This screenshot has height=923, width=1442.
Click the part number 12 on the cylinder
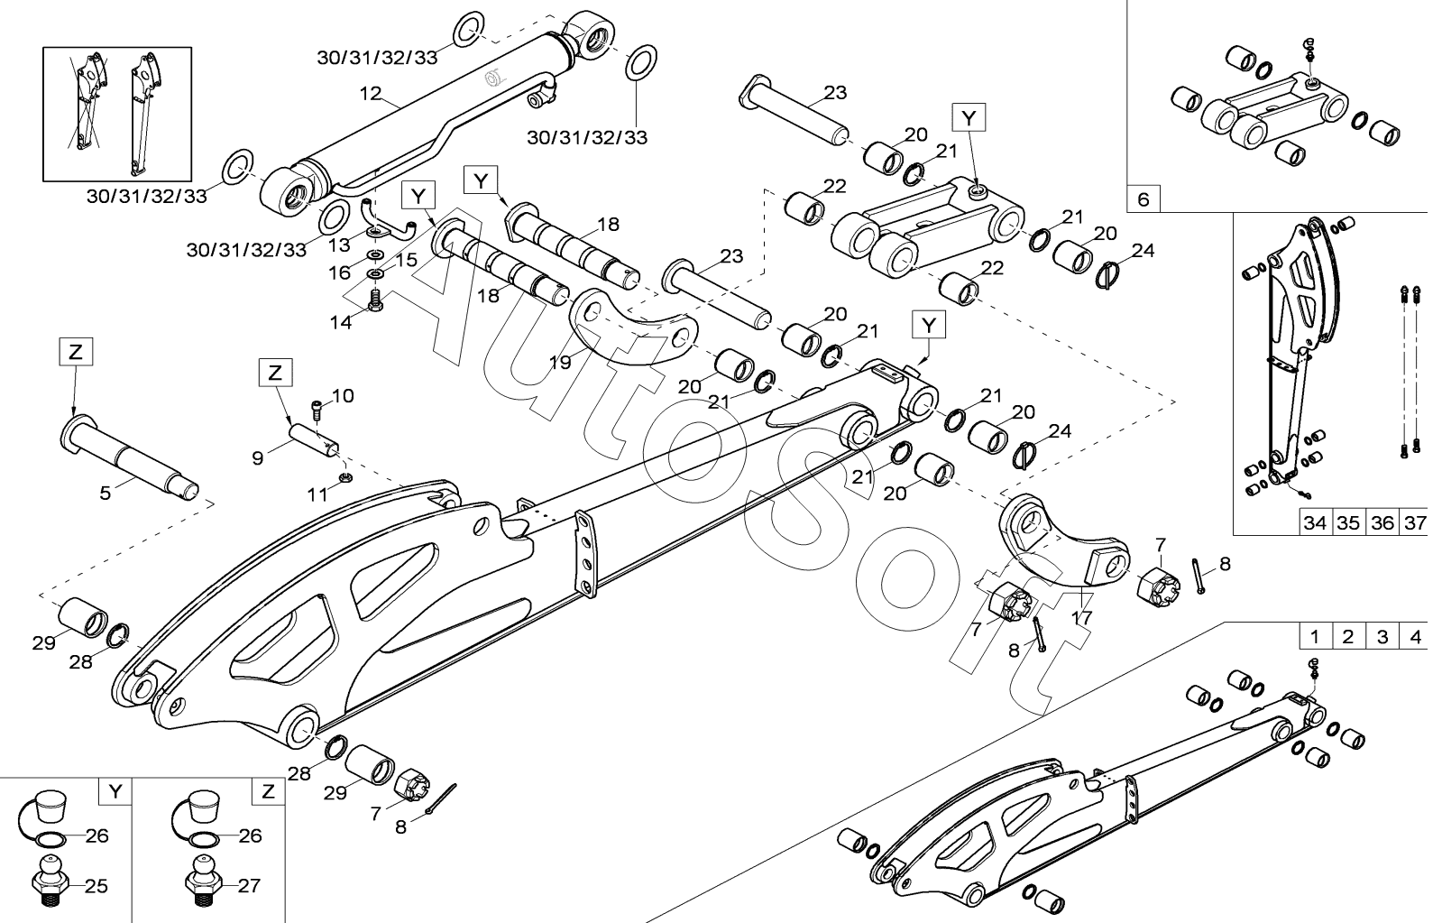tap(371, 94)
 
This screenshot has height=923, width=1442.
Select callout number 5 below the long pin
tap(105, 494)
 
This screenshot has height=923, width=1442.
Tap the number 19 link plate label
tap(560, 363)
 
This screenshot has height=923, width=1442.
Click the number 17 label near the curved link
tap(1081, 618)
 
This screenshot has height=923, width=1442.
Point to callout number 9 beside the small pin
tap(258, 458)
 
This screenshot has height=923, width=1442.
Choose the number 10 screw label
tap(343, 395)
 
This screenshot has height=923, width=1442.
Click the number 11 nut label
tap(317, 494)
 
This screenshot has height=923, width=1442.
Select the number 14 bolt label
tap(341, 322)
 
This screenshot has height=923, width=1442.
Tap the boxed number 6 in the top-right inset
tap(1143, 199)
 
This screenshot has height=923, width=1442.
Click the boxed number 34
tap(1315, 522)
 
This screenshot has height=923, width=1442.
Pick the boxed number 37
tap(1415, 522)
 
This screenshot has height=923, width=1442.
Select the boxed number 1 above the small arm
tap(1315, 637)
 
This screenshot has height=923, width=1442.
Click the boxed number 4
tap(1415, 637)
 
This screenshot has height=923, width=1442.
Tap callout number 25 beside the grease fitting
tap(96, 886)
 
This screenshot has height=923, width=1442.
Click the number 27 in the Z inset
tap(249, 886)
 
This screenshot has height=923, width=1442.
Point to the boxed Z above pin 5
tap(76, 352)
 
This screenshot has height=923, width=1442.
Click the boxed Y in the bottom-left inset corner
tap(115, 791)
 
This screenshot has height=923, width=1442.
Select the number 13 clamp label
tap(339, 245)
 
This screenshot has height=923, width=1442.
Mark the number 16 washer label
tap(339, 272)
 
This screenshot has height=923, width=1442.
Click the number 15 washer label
tap(406, 260)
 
